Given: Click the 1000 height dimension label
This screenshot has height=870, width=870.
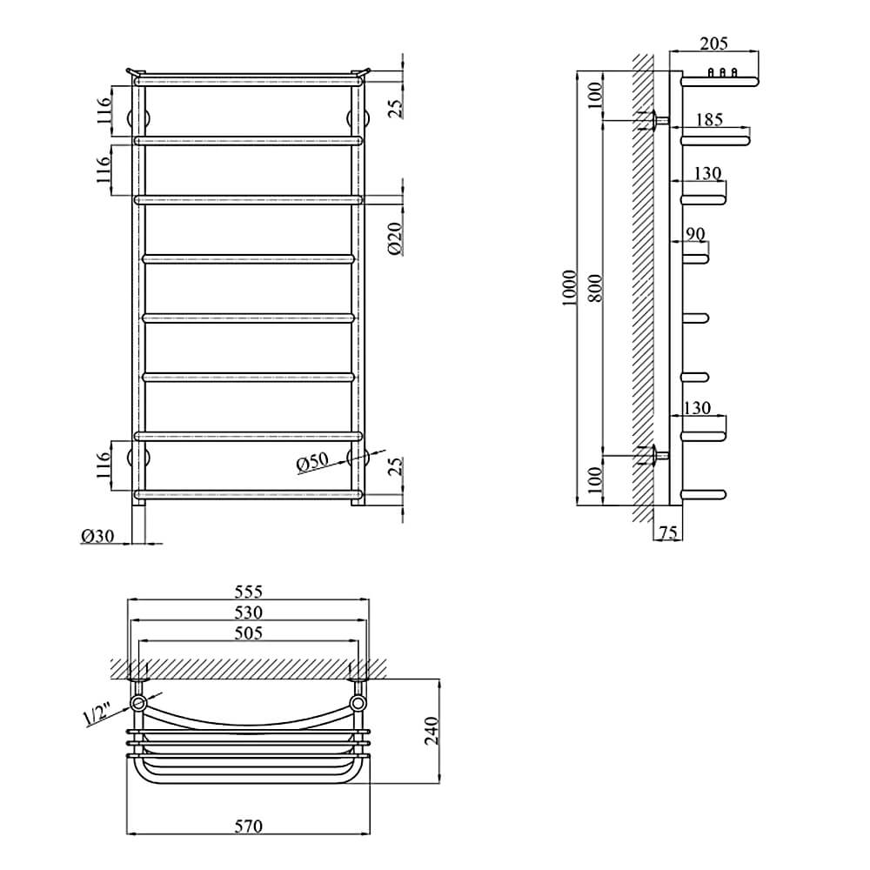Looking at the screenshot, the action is [569, 288].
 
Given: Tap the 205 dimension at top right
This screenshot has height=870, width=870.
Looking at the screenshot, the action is [713, 43].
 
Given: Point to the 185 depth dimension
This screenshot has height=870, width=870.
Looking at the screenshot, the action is [709, 119].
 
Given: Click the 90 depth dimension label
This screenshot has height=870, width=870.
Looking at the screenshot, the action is [695, 234].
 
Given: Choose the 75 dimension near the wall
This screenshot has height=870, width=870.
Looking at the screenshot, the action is [668, 532].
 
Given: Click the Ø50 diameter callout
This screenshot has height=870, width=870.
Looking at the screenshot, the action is [312, 462].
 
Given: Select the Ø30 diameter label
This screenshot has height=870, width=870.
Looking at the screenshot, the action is [97, 536].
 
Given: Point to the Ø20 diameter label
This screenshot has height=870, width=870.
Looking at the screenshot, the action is [395, 238].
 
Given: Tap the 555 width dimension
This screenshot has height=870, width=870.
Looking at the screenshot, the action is [248, 592].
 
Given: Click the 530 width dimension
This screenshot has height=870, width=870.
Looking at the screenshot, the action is [248, 612].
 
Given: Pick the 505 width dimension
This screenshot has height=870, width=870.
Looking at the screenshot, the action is [248, 633].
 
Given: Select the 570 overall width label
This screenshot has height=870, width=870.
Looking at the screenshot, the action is [248, 826].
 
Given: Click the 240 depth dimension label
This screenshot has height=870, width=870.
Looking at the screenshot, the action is [432, 732].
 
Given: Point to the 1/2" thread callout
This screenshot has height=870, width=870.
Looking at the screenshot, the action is [97, 714].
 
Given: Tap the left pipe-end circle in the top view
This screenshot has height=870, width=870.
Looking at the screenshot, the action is [137, 704].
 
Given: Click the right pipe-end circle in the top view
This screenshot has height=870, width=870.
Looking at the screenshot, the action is [358, 704].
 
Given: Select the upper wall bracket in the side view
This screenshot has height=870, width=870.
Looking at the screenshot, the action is [655, 120].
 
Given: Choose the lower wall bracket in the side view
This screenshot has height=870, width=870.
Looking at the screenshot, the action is [655, 456].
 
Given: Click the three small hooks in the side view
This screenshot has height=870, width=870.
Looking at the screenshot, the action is [722, 72].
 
